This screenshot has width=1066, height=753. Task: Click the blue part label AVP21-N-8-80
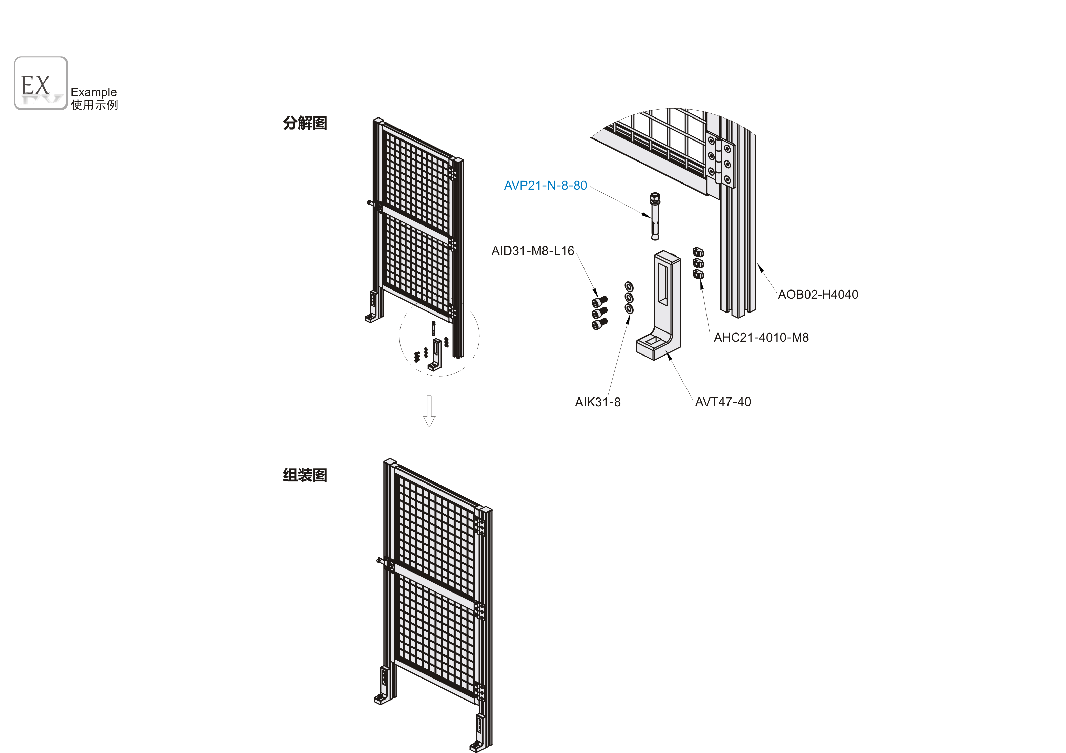tap(545, 186)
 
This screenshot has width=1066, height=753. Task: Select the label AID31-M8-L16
tap(533, 251)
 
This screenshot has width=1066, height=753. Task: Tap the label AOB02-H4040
tap(818, 295)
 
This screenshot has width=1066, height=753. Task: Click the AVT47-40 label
tap(723, 402)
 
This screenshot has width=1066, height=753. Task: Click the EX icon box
tap(41, 83)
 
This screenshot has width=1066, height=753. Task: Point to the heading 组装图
tap(305, 475)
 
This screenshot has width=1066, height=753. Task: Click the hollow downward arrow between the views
tap(429, 411)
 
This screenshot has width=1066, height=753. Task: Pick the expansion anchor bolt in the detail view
tap(655, 216)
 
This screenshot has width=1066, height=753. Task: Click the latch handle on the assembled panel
tap(385, 563)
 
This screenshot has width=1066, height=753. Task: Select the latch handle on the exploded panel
tap(374, 204)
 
